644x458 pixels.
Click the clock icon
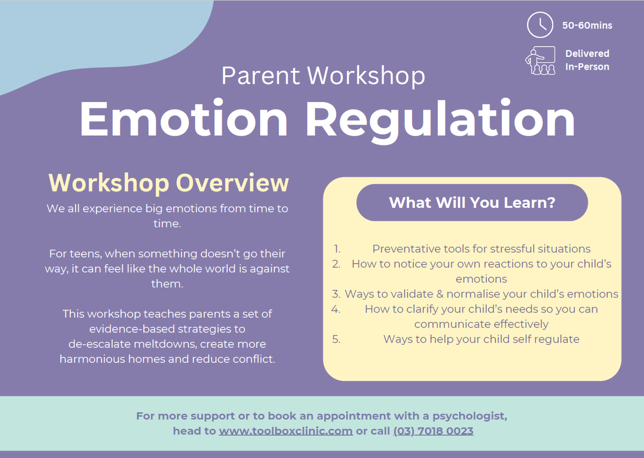[540, 25]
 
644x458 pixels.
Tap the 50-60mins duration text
[587, 25]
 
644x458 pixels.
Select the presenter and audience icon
[540, 61]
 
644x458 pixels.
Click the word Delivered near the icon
[587, 54]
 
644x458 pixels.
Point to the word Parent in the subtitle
[260, 76]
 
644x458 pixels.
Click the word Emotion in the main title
[184, 119]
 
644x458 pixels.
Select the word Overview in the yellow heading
[232, 183]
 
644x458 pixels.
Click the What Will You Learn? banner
[472, 202]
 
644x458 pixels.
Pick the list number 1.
[337, 249]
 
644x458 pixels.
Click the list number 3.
[336, 294]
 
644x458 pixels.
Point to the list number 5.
[336, 339]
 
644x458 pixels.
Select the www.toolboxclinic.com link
[286, 431]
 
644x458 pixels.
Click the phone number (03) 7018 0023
[433, 431]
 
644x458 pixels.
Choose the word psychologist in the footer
[470, 416]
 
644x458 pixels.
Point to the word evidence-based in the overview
[132, 329]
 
